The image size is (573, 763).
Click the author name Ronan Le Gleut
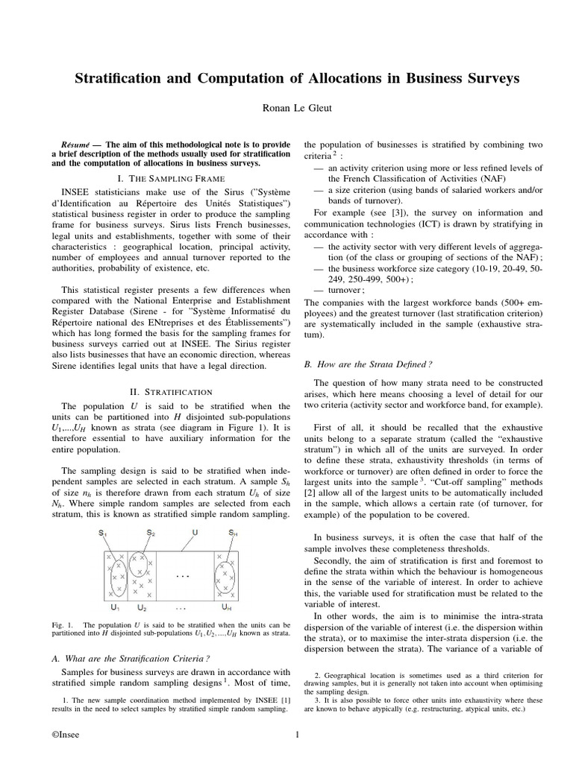286,107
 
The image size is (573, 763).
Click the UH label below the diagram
225,608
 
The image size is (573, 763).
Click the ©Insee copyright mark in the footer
66,736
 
